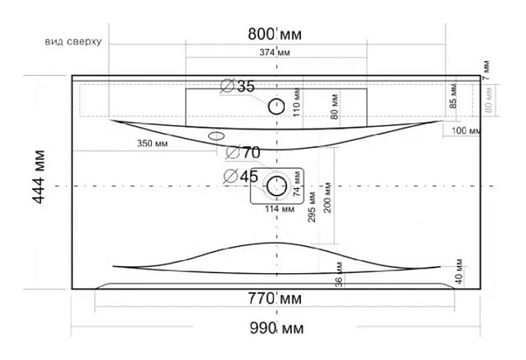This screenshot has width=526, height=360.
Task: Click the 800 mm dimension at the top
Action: click(x=275, y=34)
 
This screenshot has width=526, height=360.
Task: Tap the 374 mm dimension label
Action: click(x=275, y=52)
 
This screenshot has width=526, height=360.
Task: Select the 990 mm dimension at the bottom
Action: click(x=275, y=327)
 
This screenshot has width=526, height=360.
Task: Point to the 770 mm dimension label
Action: click(x=275, y=299)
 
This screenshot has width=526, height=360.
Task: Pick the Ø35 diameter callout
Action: click(x=238, y=87)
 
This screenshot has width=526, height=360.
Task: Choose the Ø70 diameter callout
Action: click(x=243, y=153)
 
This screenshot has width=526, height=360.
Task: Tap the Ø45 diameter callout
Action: click(x=240, y=176)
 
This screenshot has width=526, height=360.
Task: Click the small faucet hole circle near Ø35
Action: click(x=276, y=107)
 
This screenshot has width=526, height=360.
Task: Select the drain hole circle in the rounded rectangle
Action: click(x=276, y=185)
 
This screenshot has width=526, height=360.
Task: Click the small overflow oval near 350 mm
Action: click(x=217, y=136)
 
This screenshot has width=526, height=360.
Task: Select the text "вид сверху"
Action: click(x=72, y=42)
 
